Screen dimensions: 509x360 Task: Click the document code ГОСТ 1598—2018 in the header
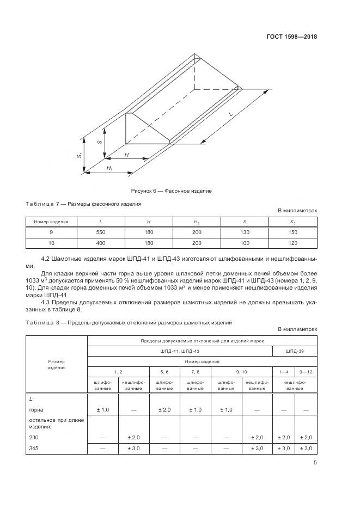[292, 37]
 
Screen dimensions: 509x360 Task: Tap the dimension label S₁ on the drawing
[80, 156]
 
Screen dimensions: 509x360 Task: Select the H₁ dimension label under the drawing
[109, 168]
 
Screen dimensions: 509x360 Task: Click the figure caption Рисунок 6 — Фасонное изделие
[171, 191]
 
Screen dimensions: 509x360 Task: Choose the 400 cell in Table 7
[101, 243]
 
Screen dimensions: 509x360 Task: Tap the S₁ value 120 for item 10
[292, 243]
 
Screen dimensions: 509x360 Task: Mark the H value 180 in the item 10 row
[149, 243]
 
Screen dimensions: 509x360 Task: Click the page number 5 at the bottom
[315, 463]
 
